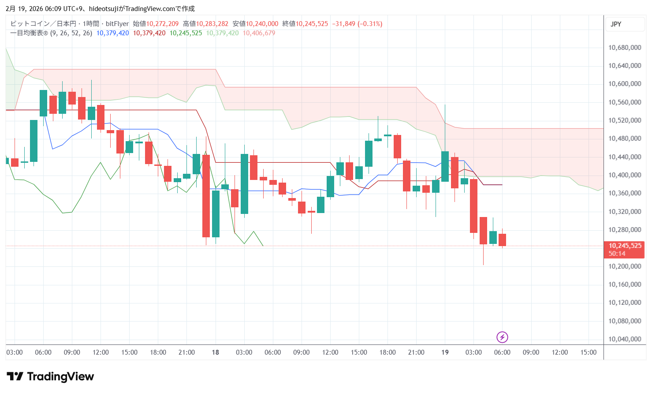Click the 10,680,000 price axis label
coord(624,48)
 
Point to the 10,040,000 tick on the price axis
coord(624,339)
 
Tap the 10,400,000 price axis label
coord(624,175)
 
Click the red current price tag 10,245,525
coord(624,246)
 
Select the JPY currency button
coord(616,24)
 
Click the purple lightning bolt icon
coord(502,337)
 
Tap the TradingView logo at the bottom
coord(50,376)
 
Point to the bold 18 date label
coord(215,352)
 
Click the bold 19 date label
coord(445,352)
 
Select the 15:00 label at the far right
coord(588,352)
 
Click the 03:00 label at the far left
coord(15,352)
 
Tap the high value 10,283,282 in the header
coord(212,24)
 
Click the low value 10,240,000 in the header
coord(262,24)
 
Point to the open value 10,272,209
coord(162,24)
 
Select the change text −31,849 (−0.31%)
coord(357,24)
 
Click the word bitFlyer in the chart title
coord(117,24)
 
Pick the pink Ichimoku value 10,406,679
coord(259,33)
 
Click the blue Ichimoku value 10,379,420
coord(112,33)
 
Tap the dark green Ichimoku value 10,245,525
coord(186,33)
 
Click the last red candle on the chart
coord(502,240)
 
